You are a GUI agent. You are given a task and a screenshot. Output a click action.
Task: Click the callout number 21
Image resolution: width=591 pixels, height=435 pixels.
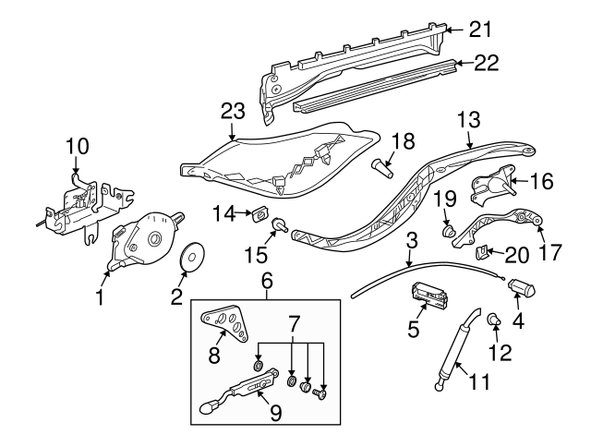click(480, 30)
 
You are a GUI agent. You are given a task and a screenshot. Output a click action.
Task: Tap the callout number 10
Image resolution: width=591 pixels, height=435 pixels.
click(77, 145)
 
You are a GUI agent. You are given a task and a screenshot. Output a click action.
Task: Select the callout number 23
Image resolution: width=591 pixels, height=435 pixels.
click(233, 111)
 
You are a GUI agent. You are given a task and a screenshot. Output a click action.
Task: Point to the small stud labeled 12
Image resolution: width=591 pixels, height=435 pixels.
click(493, 320)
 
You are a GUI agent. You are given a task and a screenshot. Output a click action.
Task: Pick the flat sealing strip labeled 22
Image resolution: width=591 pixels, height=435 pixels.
click(379, 86)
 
